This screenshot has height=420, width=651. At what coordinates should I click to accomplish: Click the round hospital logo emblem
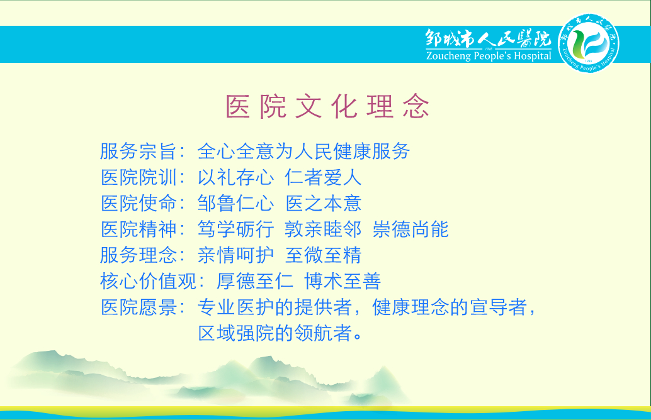[x=588, y=43]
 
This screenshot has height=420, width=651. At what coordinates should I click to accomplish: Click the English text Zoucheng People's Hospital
[x=489, y=56]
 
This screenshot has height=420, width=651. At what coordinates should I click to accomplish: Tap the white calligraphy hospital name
[x=489, y=38]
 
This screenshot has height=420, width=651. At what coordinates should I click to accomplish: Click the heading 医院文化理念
[x=327, y=106]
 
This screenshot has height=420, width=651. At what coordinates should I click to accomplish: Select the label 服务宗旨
[x=139, y=151]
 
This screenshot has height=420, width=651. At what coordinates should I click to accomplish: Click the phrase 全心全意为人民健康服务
[x=303, y=151]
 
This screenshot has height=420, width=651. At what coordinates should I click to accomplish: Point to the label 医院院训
[x=139, y=177]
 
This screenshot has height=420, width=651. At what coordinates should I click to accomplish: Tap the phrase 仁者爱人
[x=324, y=177]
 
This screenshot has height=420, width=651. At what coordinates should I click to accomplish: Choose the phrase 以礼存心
[x=236, y=177]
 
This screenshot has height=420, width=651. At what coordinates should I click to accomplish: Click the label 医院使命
[x=139, y=203]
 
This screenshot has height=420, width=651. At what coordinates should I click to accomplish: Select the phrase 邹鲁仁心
[x=236, y=203]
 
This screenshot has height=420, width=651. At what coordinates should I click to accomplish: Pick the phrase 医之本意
[x=324, y=203]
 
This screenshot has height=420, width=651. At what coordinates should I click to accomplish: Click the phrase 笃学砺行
[x=236, y=229]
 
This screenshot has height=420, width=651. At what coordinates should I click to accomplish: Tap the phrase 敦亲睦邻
[x=324, y=229]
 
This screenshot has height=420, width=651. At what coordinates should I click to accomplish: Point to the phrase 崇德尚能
[x=410, y=229]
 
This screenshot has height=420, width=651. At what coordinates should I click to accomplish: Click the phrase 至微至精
[x=324, y=255]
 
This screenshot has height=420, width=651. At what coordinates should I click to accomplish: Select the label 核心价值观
[x=148, y=281]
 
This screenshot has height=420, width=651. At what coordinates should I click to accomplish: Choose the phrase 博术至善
[x=342, y=281]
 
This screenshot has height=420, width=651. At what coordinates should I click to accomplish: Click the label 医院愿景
[x=139, y=307]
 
